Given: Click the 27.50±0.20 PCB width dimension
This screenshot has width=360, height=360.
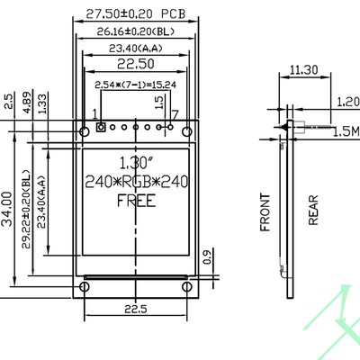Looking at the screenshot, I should coord(135,13).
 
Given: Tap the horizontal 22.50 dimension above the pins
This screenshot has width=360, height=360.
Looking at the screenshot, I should coord(135,64).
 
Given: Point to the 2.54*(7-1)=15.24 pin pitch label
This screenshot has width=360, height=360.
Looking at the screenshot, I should coord(135,84).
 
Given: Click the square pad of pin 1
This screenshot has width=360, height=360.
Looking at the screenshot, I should coord(101,128).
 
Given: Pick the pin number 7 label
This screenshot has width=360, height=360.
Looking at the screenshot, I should coord(175,114).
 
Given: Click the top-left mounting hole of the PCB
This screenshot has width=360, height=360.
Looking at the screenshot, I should coord(84,131).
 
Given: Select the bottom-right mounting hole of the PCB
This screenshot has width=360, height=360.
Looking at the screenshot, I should coord(188,287).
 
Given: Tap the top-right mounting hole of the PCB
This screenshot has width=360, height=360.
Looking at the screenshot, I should coord(188,131).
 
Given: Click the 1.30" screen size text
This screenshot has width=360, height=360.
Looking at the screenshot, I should coord(135,163).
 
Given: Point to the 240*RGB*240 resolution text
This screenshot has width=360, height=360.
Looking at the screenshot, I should coord(135,182).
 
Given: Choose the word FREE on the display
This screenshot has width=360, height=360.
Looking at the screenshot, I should coord(135,201).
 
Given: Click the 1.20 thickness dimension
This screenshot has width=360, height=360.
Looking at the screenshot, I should coord(346,102).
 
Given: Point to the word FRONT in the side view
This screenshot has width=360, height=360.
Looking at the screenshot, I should coord(265,212).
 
